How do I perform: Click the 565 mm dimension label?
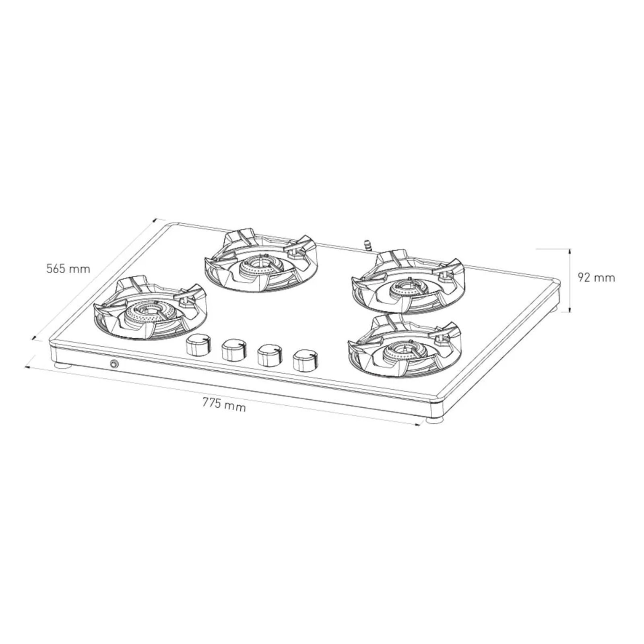point(68,268)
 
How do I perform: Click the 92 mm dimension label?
point(596,278)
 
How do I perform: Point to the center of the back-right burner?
point(407,288)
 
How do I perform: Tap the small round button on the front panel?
point(114,364)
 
